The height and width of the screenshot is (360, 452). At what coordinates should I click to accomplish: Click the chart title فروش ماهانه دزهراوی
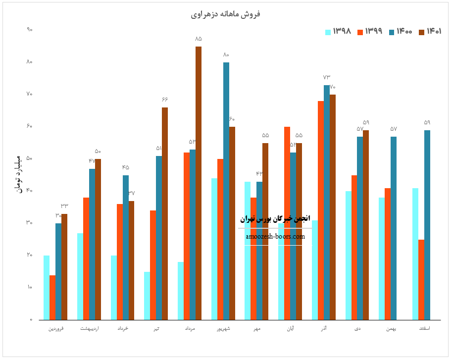[x=225, y=14]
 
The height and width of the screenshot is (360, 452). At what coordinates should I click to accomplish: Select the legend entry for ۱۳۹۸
[x=338, y=32]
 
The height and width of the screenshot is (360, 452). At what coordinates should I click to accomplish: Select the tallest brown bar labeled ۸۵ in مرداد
[x=199, y=183]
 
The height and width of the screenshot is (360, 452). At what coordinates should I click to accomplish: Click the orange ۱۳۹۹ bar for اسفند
[x=421, y=279]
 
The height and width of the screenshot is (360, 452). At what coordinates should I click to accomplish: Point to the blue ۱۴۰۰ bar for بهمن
[x=394, y=228]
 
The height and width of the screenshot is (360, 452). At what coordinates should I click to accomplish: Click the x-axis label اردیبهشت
[x=89, y=328]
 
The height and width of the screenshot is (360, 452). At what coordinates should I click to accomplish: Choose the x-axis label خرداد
[x=123, y=328]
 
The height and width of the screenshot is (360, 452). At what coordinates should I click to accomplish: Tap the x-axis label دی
[x=357, y=328]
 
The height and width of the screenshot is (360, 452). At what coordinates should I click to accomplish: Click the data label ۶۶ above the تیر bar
[x=165, y=100]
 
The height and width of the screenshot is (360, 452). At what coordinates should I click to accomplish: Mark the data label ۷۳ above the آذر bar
[x=327, y=77]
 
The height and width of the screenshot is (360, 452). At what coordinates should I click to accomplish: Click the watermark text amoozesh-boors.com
[x=275, y=237]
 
